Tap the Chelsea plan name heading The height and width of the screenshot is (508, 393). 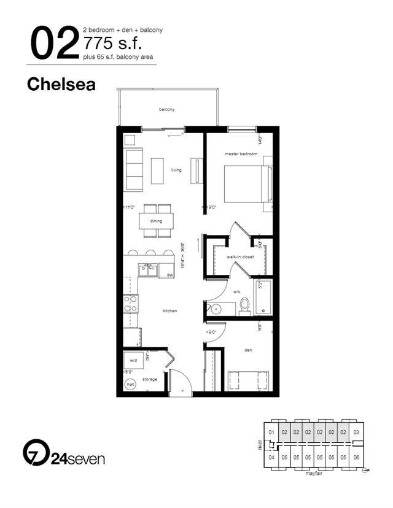[61, 85]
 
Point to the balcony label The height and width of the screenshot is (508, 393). [166, 109]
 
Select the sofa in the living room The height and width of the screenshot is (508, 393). [133, 169]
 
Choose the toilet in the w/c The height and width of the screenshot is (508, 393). [244, 305]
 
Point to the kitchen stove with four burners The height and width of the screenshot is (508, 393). [131, 304]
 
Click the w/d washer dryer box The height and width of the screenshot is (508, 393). [134, 360]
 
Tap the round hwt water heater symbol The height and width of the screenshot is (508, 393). [130, 385]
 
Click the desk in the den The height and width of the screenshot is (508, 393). [248, 380]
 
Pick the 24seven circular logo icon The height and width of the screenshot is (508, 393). [35, 453]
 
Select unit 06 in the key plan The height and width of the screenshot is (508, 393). [356, 456]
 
